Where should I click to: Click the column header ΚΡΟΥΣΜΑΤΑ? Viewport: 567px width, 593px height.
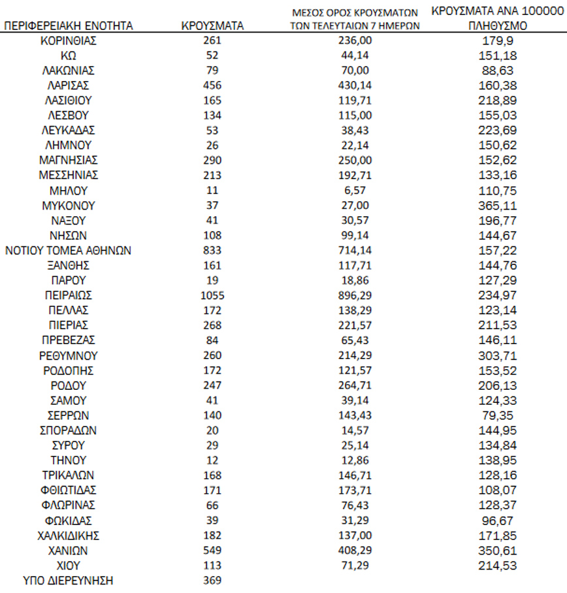[x=212, y=26]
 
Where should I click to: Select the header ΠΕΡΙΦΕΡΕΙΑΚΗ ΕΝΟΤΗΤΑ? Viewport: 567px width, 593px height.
[x=69, y=26]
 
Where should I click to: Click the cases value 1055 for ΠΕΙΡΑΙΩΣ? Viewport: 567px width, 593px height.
[x=212, y=295]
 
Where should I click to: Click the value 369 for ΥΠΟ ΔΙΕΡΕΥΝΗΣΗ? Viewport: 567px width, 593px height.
[x=212, y=580]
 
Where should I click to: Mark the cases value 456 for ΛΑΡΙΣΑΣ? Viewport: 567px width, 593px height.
[x=212, y=86]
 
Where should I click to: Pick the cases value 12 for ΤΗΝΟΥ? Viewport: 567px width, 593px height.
[x=212, y=460]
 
